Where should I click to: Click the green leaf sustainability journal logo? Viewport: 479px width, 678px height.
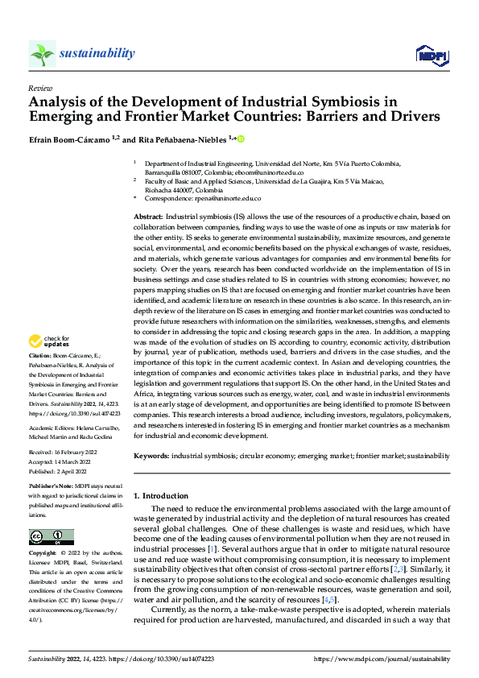point(41,53)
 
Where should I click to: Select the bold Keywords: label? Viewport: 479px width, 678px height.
point(151,455)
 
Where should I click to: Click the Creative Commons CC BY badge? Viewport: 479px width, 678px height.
point(51,536)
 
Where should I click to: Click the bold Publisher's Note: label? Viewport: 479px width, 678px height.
point(53,489)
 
